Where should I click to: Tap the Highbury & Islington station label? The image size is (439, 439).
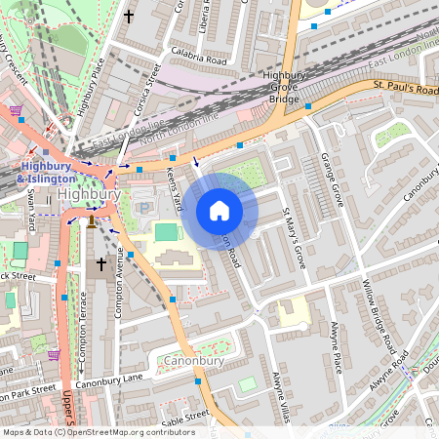(x=47, y=172)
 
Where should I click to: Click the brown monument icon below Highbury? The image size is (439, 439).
(x=91, y=221)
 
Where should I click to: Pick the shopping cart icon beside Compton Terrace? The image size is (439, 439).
(x=54, y=354)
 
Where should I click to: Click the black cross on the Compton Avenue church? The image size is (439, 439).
(x=100, y=264)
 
